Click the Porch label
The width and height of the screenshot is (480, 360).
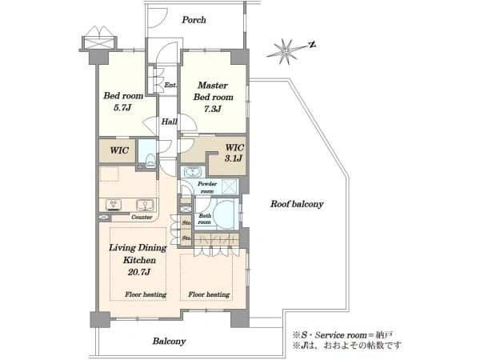(194, 20)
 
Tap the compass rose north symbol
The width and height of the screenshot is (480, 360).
(312, 45)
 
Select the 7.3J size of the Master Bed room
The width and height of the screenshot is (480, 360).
(213, 109)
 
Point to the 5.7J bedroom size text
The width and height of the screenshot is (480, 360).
(122, 107)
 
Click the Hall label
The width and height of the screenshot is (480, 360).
(170, 122)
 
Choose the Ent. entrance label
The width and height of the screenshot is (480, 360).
(170, 85)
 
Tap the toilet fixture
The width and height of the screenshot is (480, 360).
(150, 161)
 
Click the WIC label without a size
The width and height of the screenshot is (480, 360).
(119, 150)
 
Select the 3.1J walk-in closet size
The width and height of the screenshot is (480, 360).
(234, 158)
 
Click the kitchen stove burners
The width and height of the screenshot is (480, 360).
(114, 205)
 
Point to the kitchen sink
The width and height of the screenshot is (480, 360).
(145, 205)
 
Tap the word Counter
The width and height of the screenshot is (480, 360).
(142, 217)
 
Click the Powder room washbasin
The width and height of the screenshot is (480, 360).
(192, 172)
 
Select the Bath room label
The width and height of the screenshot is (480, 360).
(205, 219)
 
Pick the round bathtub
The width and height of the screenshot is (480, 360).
(224, 214)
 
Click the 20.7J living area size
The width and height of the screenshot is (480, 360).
(138, 272)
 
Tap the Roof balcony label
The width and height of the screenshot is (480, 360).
(297, 204)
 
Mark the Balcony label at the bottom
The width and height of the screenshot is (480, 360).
(170, 342)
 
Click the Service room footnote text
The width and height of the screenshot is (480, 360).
(342, 335)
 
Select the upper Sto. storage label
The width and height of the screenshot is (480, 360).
(186, 223)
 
